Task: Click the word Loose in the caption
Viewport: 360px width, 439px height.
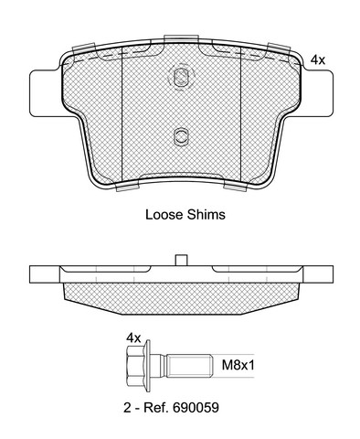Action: (x=164, y=215)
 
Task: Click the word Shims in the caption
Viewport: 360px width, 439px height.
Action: (x=206, y=215)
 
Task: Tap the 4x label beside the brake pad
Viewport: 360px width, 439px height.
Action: (x=318, y=60)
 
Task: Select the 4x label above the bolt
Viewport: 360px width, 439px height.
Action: (x=133, y=338)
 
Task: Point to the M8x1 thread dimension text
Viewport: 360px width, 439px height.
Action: (x=238, y=365)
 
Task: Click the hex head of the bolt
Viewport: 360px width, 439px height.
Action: (x=134, y=366)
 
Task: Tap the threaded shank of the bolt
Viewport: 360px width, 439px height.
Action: (x=189, y=366)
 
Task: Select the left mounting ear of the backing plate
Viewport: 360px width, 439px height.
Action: (x=45, y=93)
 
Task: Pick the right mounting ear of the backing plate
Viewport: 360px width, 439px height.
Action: (x=317, y=93)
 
